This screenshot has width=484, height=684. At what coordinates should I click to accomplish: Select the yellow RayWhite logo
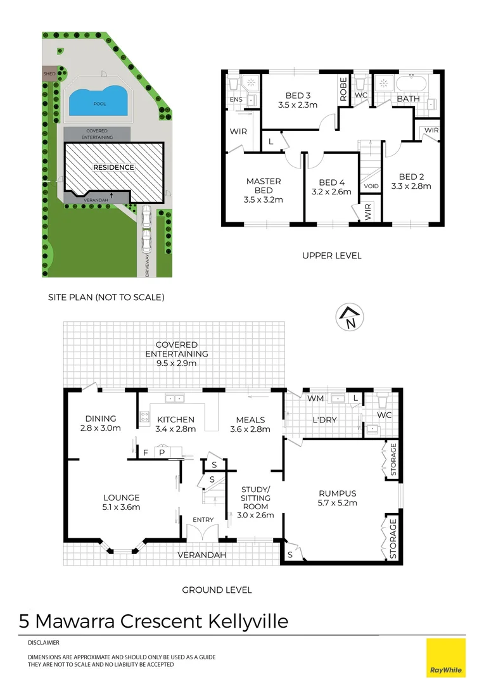pyautogui.click(x=445, y=657)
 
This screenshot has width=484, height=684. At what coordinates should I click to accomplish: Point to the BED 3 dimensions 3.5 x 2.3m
pyautogui.click(x=298, y=105)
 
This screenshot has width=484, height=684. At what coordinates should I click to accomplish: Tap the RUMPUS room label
pyautogui.click(x=337, y=493)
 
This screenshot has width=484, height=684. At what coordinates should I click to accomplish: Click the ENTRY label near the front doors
pyautogui.click(x=203, y=520)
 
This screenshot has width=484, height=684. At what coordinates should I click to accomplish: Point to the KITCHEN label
pyautogui.click(x=175, y=419)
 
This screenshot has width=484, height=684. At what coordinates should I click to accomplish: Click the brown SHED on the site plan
pyautogui.click(x=49, y=73)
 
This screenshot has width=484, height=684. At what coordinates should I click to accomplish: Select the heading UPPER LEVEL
pyautogui.click(x=332, y=256)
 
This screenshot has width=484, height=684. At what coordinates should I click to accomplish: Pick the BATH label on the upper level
pyautogui.click(x=408, y=99)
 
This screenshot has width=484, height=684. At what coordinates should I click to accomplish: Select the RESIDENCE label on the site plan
pyautogui.click(x=114, y=167)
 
